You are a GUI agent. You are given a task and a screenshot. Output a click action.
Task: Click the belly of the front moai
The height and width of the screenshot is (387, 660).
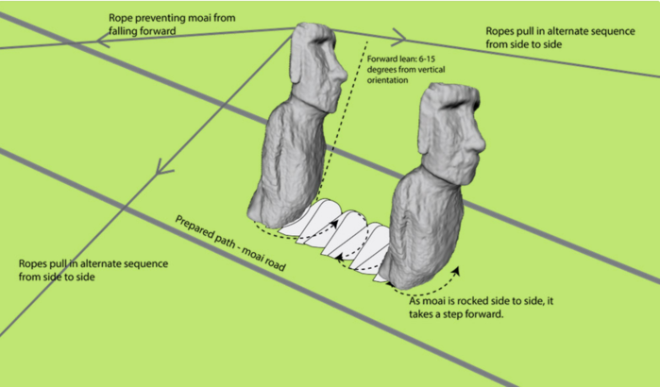[425, 227]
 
